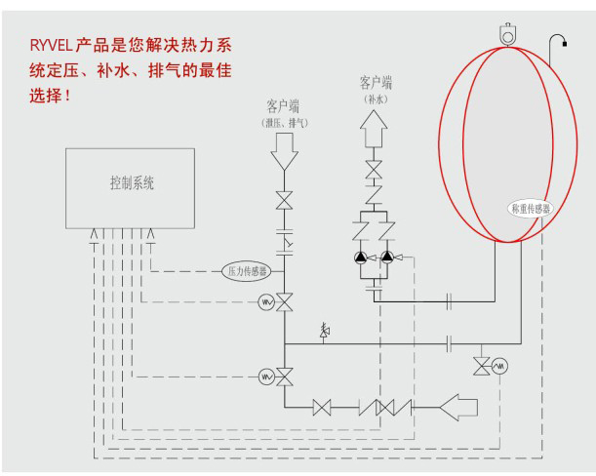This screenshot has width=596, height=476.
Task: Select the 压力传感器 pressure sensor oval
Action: point(247,271)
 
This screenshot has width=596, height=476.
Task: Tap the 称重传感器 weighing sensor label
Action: point(531,209)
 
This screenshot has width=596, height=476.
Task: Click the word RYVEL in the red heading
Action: point(51,46)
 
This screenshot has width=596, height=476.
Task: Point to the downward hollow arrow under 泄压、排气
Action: point(284,152)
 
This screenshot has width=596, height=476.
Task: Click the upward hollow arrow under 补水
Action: point(374,129)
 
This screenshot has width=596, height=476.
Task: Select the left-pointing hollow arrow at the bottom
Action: point(458,407)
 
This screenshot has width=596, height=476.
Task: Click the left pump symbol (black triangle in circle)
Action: point(360,258)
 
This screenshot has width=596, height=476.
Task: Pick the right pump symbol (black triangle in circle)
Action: point(387,258)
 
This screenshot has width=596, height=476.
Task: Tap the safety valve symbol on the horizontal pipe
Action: point(324,332)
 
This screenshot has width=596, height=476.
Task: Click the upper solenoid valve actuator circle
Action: point(266,302)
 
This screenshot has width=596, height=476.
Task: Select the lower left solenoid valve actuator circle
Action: point(266,377)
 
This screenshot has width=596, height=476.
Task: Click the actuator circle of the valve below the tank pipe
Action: point(499,366)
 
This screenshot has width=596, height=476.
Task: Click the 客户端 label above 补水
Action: point(376,83)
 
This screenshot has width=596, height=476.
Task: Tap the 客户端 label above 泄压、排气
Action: point(283,106)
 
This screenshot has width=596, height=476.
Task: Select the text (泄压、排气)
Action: point(285,123)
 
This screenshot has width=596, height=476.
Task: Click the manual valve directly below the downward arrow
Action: point(284,200)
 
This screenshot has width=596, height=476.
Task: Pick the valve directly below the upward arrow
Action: point(374,170)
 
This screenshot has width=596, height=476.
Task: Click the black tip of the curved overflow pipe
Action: point(565,44)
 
